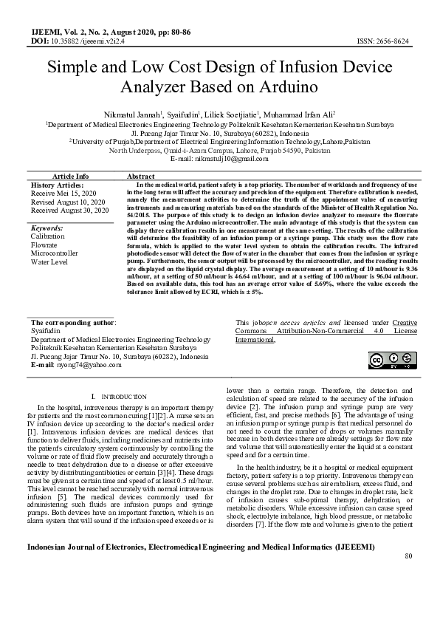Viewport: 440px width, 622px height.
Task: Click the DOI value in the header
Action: click(x=88, y=41)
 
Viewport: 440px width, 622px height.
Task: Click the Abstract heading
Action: click(x=140, y=177)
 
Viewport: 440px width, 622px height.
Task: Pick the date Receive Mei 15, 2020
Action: click(x=63, y=193)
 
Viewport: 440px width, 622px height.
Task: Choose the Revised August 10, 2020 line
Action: click(x=68, y=202)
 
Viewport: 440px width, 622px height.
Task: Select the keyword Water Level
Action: click(x=49, y=262)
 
